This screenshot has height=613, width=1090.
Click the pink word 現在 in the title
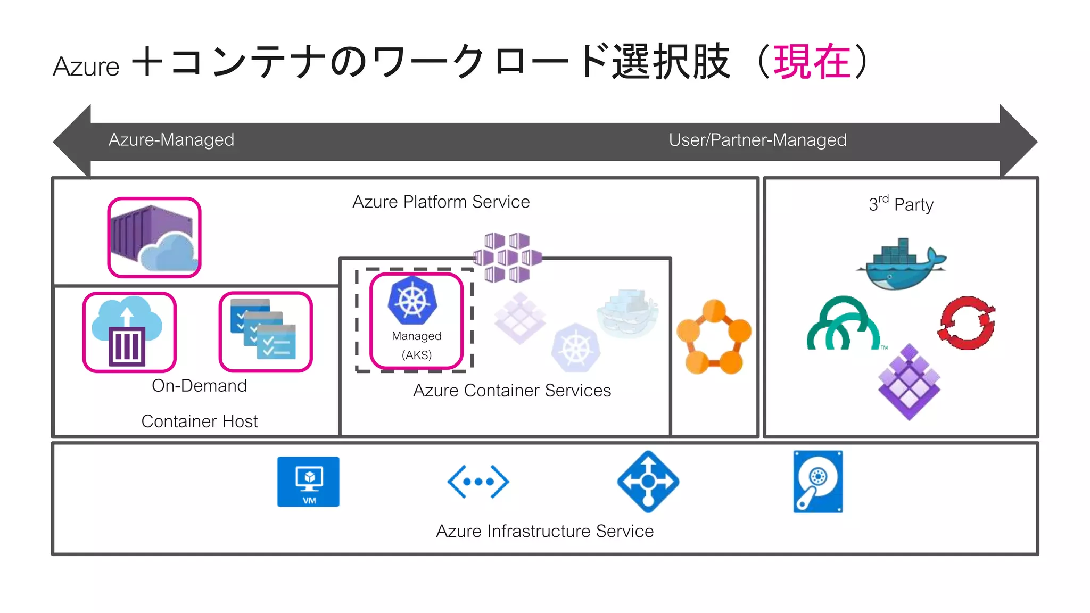point(812,62)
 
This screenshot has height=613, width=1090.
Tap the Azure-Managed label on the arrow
point(171,140)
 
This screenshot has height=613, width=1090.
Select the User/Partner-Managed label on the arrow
point(757,140)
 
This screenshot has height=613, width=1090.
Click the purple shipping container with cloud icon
point(154,238)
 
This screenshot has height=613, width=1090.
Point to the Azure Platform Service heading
point(441,202)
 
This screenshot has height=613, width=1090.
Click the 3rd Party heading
point(901,204)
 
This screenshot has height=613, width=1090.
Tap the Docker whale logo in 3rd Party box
point(901,264)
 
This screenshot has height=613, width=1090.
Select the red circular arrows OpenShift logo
point(967,323)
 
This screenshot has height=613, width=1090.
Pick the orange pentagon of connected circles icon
point(714,337)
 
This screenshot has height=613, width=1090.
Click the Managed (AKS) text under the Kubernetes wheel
point(417,345)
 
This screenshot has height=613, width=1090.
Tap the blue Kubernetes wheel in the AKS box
point(412,301)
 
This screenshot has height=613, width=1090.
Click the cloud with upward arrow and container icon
point(128,332)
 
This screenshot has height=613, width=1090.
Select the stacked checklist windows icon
point(265,331)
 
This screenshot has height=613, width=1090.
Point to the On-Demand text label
point(199,386)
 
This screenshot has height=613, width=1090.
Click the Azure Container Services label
point(511,391)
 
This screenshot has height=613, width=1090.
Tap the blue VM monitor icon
point(308,482)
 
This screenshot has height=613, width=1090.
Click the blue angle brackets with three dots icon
point(478,482)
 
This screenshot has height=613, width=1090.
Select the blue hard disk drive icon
point(818,482)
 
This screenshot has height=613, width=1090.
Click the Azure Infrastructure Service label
point(544,531)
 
